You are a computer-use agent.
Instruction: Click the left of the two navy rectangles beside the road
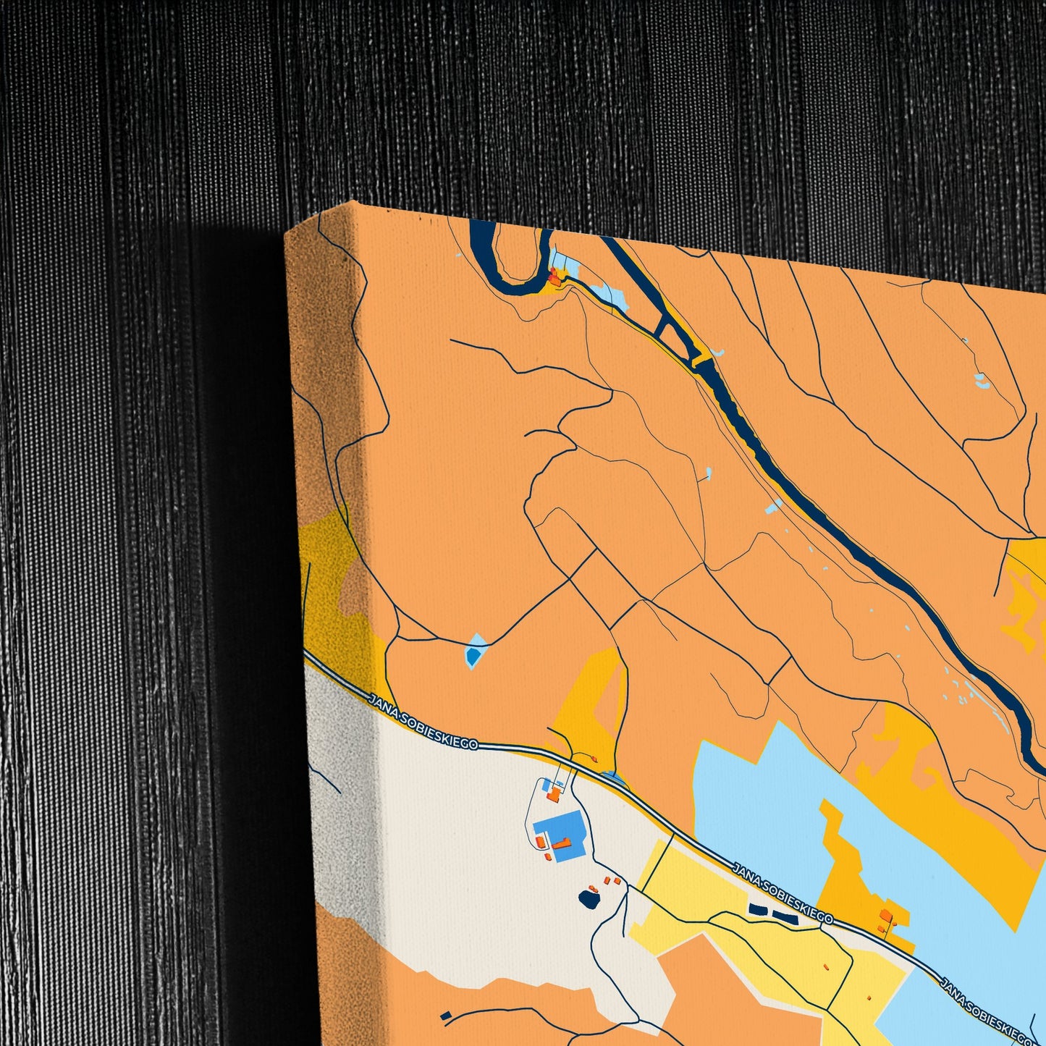click(757, 909)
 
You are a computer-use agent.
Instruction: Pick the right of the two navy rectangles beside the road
click(785, 917)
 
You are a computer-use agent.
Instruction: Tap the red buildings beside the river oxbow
click(556, 275)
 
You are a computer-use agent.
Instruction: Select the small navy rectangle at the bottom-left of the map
click(445, 1016)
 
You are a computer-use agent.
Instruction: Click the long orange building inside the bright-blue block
click(563, 843)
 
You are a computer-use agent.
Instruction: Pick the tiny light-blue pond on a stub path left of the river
click(708, 474)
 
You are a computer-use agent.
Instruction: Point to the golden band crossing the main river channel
click(701, 358)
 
